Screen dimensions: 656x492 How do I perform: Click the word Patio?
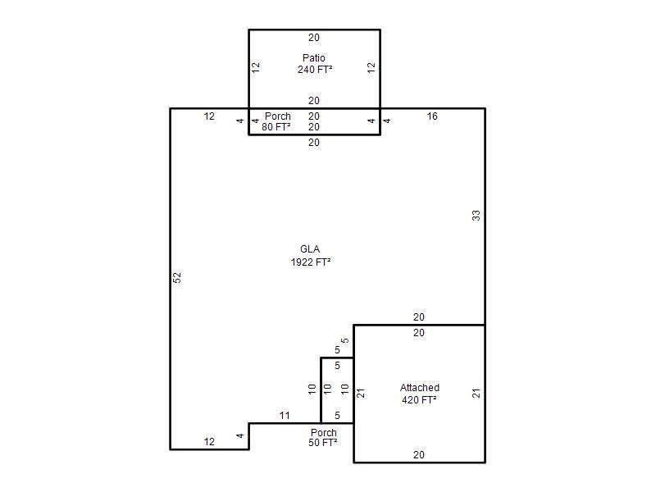pyautogui.click(x=314, y=57)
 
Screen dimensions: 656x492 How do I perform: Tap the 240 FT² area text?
pyautogui.click(x=315, y=70)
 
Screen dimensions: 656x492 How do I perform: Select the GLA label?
pyautogui.click(x=310, y=249)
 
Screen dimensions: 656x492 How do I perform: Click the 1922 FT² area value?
pyautogui.click(x=311, y=262)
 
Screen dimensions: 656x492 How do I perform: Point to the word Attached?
pyautogui.click(x=420, y=387)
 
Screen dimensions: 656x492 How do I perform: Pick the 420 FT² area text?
pyautogui.click(x=419, y=399)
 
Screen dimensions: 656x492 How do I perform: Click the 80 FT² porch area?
pyautogui.click(x=276, y=127)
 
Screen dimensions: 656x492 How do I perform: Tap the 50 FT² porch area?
pyautogui.click(x=323, y=443)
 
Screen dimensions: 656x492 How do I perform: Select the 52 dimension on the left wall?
pyautogui.click(x=177, y=277)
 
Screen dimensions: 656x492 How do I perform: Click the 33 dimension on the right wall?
pyautogui.click(x=476, y=216)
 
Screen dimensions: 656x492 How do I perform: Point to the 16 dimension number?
pyautogui.click(x=432, y=116)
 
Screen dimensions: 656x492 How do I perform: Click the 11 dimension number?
pyautogui.click(x=285, y=416)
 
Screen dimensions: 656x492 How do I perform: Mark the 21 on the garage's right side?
pyautogui.click(x=476, y=394)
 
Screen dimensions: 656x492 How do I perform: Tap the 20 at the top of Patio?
pyautogui.click(x=314, y=38)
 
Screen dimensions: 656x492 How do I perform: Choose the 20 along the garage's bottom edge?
pyautogui.click(x=419, y=455)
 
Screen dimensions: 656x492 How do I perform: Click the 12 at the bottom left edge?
pyautogui.click(x=209, y=441)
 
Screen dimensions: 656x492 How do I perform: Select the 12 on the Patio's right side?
pyautogui.click(x=371, y=67)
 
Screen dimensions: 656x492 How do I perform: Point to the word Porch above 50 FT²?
pyautogui.click(x=324, y=433)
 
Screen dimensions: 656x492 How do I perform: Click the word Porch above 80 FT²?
pyautogui.click(x=278, y=116)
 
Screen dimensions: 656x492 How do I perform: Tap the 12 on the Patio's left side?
pyautogui.click(x=256, y=67)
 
